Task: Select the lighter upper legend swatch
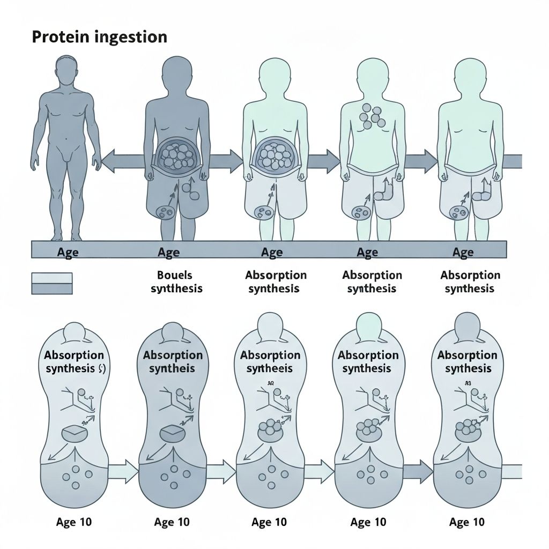click(x=52, y=278)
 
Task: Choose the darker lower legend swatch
click(x=52, y=288)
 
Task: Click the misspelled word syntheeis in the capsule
click(x=270, y=369)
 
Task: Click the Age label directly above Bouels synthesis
click(x=168, y=252)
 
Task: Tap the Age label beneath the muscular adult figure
click(x=68, y=252)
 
